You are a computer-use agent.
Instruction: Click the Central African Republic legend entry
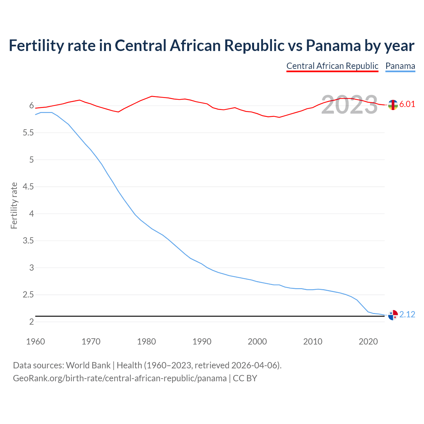(332, 66)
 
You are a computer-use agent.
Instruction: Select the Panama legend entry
(400, 66)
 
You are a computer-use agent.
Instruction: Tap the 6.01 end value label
(407, 104)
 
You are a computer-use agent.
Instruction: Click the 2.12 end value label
(407, 314)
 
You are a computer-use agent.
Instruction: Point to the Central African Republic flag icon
(393, 105)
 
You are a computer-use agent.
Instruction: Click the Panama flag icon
(393, 315)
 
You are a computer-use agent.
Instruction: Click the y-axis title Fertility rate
(14, 205)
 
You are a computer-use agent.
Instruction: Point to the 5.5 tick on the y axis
(28, 133)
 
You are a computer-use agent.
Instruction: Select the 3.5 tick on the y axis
(28, 241)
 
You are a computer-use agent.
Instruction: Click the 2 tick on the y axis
(31, 322)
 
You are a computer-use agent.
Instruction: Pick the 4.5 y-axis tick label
(28, 187)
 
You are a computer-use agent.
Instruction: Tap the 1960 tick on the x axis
(35, 342)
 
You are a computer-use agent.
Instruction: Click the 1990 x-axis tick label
(202, 342)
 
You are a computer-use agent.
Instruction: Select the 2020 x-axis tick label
(368, 342)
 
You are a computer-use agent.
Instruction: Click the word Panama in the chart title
(333, 45)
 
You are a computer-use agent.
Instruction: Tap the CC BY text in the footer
(245, 378)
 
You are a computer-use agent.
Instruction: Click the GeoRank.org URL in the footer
(120, 378)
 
